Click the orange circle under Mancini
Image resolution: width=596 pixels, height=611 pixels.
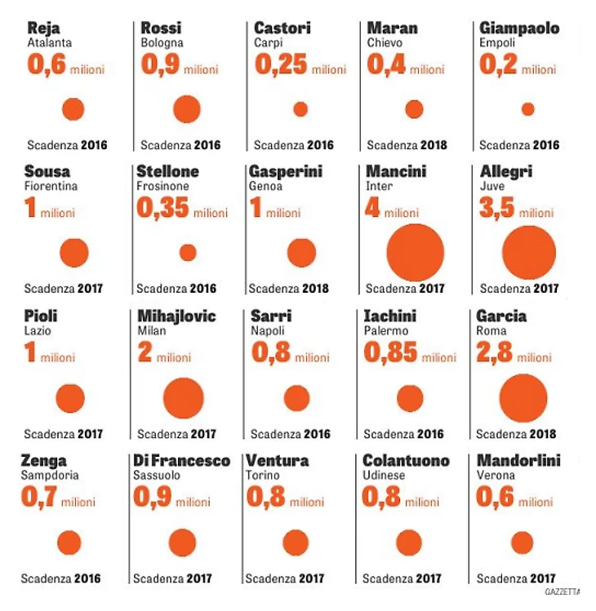tap(415, 252)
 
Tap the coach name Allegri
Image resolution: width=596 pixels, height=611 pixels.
tap(506, 172)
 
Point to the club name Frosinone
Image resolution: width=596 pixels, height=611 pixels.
tap(162, 187)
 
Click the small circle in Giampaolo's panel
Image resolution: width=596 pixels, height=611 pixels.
tap(527, 109)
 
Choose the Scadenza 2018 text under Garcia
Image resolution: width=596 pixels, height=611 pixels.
tap(516, 434)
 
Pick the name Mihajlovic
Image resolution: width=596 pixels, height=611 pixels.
tap(176, 317)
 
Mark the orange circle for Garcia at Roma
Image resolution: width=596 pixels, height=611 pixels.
tap(523, 398)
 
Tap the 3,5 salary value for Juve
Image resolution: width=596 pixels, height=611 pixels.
tap(497, 209)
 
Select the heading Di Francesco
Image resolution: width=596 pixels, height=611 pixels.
tap(182, 461)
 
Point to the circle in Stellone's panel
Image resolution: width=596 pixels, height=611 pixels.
tap(188, 253)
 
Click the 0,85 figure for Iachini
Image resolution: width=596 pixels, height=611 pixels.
tap(391, 353)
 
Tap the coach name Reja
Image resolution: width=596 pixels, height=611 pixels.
tap(42, 29)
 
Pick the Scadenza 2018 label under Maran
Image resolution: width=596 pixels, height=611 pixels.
tap(407, 146)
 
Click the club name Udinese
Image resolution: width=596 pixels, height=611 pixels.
tap(385, 476)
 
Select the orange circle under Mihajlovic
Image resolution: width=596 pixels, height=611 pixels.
tap(183, 398)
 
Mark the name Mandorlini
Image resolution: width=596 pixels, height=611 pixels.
tap(518, 461)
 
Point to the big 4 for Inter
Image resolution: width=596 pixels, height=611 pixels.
tap(372, 209)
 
